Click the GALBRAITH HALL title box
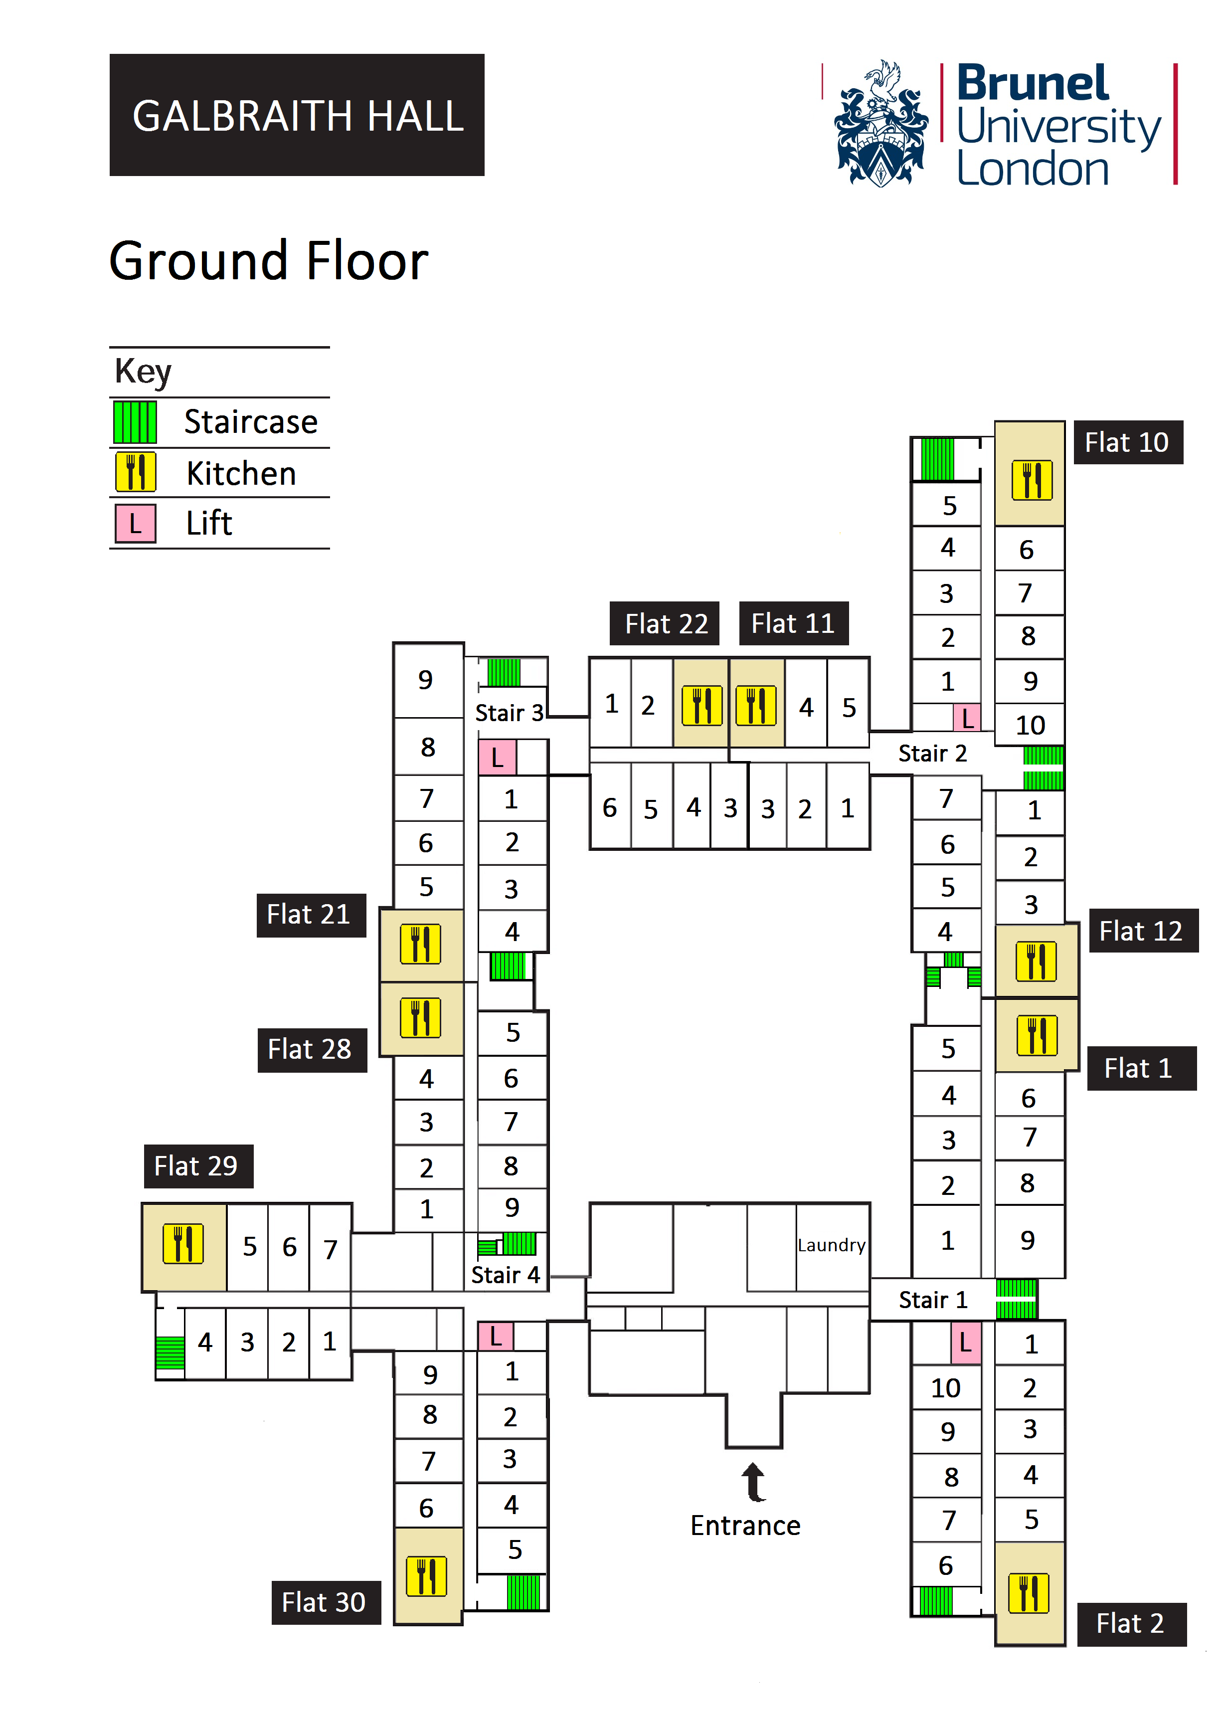(x=297, y=115)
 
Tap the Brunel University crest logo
(x=881, y=125)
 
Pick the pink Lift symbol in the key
(x=136, y=523)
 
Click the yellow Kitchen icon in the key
(x=136, y=472)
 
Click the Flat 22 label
(x=665, y=623)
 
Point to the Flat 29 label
(x=198, y=1166)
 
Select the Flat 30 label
(x=325, y=1602)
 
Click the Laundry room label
(x=831, y=1245)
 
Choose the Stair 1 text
(x=933, y=1300)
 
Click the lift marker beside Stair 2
(x=967, y=718)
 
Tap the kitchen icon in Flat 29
(x=183, y=1244)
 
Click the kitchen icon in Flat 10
(x=1032, y=480)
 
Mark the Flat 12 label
(x=1143, y=931)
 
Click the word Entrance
(x=745, y=1526)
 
